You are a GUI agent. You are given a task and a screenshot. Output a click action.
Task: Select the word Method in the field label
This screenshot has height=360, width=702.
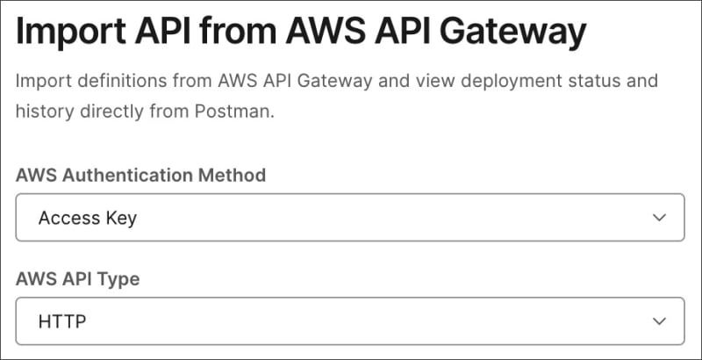click(x=234, y=175)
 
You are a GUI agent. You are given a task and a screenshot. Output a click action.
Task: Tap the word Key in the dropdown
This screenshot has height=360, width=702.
click(x=121, y=218)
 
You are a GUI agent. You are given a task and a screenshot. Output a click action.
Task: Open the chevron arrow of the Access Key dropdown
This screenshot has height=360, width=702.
click(x=660, y=218)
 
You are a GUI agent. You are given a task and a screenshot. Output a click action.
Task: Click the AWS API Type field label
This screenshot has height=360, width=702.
click(x=77, y=279)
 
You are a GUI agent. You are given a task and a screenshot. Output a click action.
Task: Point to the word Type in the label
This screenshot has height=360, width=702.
click(x=119, y=279)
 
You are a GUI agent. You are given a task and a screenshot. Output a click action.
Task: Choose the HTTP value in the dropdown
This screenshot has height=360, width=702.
click(x=62, y=321)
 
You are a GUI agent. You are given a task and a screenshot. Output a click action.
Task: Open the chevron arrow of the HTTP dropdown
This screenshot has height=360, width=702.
click(x=660, y=321)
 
